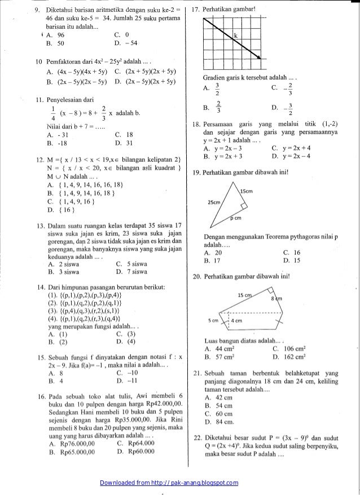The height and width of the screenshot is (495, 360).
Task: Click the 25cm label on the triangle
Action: click(x=214, y=201)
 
